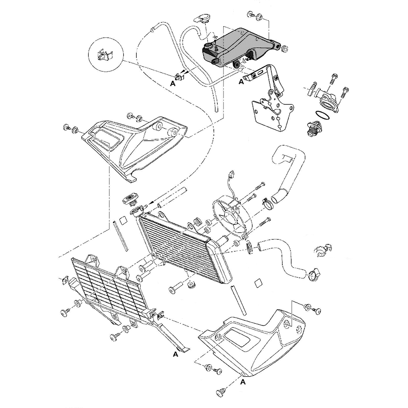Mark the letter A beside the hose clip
173,83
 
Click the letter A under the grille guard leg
176,354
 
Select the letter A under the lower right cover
244,382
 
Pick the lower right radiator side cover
257,339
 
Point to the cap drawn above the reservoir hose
202,18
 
